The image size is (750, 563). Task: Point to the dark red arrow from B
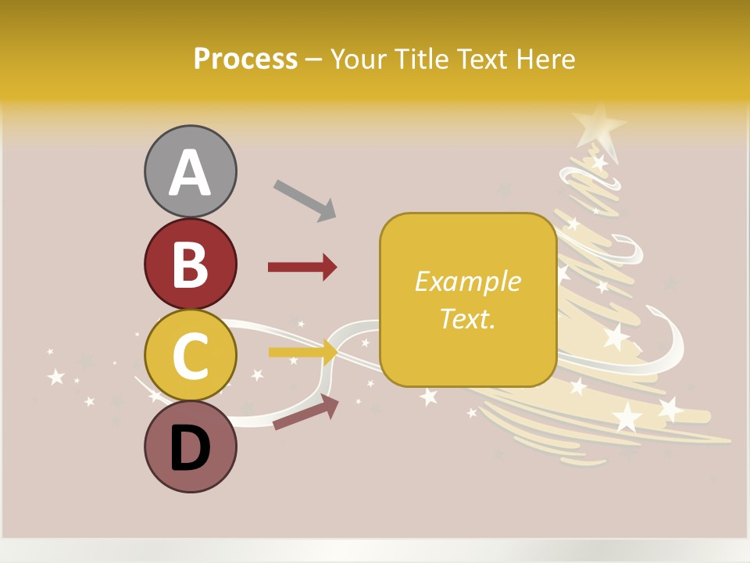[302, 267]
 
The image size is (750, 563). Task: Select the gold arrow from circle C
[302, 353]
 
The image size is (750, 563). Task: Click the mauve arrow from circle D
[305, 414]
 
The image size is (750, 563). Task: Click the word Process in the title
[245, 59]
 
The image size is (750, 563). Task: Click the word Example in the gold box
[467, 281]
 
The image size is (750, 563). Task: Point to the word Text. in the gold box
[467, 318]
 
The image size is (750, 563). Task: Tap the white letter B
[190, 264]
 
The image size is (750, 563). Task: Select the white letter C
[190, 357]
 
